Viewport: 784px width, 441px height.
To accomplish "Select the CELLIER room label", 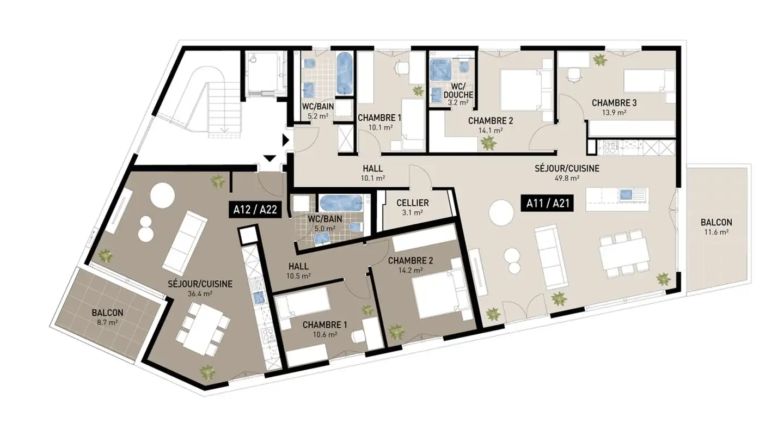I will pyautogui.click(x=412, y=203).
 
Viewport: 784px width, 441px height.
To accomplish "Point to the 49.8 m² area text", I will pyautogui.click(x=567, y=177).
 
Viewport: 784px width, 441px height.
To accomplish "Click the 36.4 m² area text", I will pyautogui.click(x=200, y=293).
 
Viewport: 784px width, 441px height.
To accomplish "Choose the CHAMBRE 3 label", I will pyautogui.click(x=614, y=103).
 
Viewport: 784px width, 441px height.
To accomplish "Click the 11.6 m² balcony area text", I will pyautogui.click(x=716, y=232).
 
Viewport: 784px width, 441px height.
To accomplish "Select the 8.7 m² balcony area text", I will pyautogui.click(x=107, y=322).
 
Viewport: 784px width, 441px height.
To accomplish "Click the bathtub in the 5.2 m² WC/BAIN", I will pyautogui.click(x=344, y=73).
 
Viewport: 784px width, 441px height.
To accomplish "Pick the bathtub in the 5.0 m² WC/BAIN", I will pyautogui.click(x=340, y=204).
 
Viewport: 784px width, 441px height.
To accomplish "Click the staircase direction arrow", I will pyautogui.click(x=224, y=128).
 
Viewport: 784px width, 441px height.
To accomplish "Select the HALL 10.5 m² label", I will pyautogui.click(x=298, y=271).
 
